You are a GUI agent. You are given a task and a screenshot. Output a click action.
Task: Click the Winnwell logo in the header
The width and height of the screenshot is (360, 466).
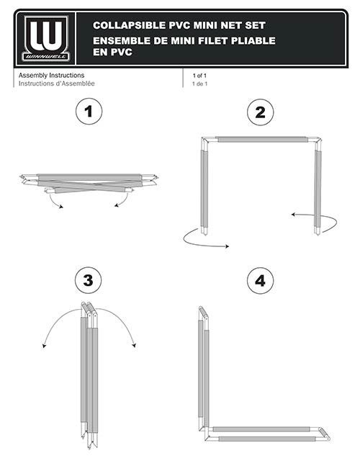click(x=46, y=39)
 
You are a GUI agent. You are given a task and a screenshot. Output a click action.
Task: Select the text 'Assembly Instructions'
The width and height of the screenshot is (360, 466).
click(x=51, y=76)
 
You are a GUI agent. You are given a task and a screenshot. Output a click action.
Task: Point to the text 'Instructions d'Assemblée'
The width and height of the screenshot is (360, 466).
click(x=57, y=84)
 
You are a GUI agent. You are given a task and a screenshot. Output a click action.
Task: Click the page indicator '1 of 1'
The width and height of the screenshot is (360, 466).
click(x=199, y=76)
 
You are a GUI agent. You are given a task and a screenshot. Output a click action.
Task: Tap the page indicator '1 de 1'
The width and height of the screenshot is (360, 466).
click(x=200, y=84)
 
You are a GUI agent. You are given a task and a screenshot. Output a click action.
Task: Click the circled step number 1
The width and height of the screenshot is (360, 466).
click(x=89, y=112)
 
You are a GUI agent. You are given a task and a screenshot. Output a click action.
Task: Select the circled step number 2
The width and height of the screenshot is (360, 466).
click(x=260, y=112)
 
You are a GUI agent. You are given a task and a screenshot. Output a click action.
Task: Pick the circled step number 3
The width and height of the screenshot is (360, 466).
click(x=89, y=280)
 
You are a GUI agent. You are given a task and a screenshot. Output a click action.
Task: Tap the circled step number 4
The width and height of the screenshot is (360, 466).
click(x=260, y=281)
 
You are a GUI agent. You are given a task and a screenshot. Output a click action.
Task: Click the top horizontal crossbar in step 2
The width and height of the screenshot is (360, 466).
click(x=261, y=140)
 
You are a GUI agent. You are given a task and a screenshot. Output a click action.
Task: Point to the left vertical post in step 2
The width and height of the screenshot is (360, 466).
click(x=204, y=187)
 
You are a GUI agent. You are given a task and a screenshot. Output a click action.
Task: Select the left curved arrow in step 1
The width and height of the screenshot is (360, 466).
click(x=52, y=202)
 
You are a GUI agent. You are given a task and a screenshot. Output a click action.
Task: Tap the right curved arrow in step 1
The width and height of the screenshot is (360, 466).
click(x=124, y=201)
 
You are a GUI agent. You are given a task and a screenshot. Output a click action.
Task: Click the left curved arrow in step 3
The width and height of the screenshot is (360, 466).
click(x=56, y=317)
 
